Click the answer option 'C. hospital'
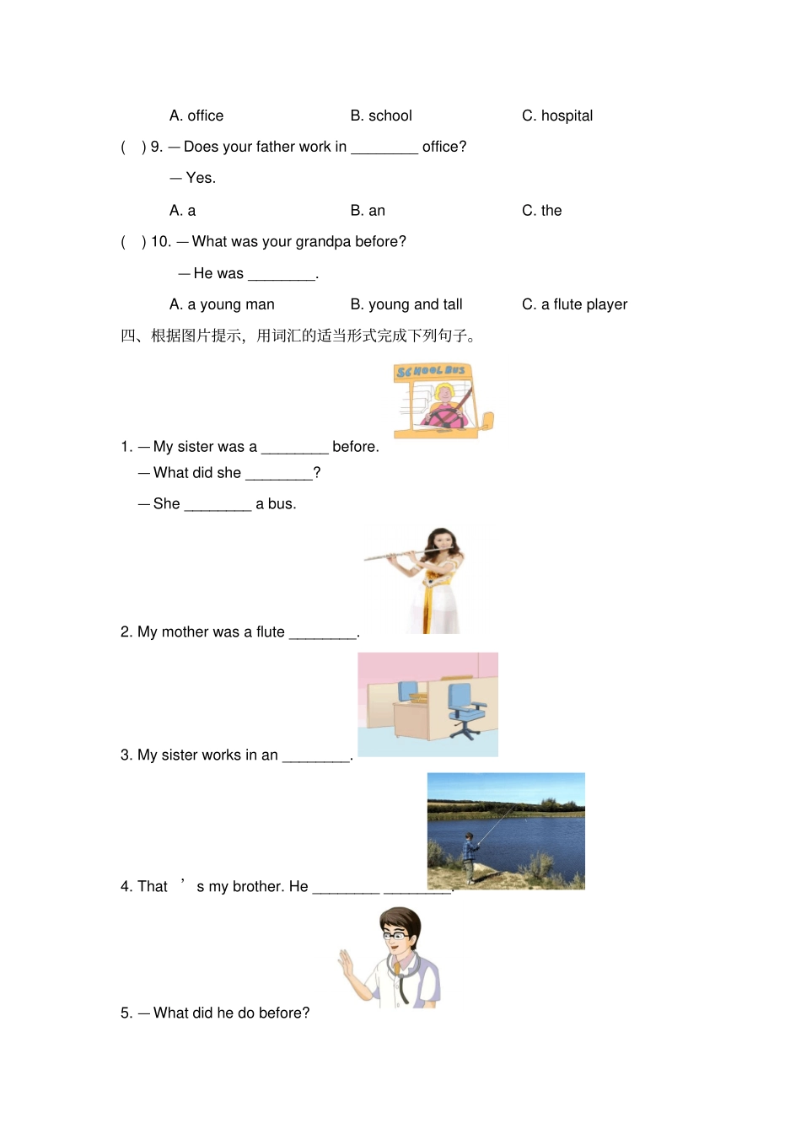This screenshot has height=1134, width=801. point(556,116)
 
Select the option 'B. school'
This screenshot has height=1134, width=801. point(381,116)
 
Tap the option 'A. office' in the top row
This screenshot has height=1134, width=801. point(196,116)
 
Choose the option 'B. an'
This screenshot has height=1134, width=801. point(368,211)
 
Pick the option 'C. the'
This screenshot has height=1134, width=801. point(541,211)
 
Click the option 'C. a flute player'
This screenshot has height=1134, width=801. point(574,304)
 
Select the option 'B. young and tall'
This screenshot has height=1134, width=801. point(406,304)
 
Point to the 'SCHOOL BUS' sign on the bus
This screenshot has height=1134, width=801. point(431,371)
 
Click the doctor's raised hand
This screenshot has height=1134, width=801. point(346,964)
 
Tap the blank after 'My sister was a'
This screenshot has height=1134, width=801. point(294,448)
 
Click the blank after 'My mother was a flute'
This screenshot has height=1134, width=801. point(323,633)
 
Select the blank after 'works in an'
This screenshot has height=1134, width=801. point(315,756)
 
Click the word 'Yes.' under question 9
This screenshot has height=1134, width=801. point(201,178)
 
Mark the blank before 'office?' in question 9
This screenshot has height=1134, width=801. point(384,148)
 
